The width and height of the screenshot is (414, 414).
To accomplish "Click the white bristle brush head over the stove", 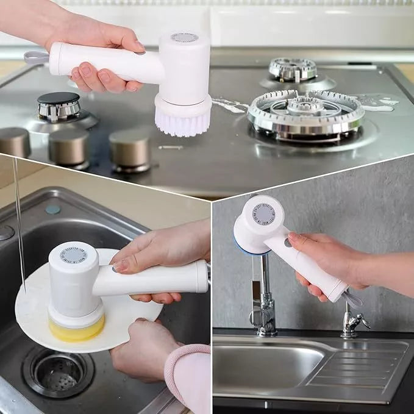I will [x=182, y=121].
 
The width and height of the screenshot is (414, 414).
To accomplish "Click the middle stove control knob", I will [x=69, y=146].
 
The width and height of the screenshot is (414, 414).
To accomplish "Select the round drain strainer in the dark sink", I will [x=60, y=373].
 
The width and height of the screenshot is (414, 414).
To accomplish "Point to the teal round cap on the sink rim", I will [x=53, y=209].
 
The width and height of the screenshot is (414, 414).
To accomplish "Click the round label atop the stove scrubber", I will [x=184, y=37].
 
